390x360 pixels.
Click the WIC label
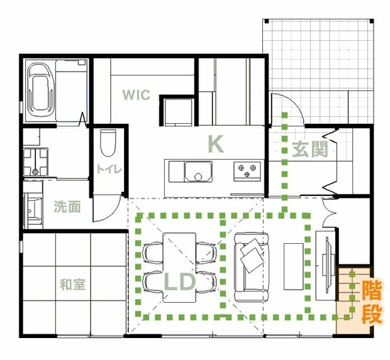(136, 95)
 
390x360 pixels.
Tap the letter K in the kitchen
(216, 144)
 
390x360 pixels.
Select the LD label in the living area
(179, 282)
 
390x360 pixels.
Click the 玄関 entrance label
(310, 150)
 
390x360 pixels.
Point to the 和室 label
(72, 285)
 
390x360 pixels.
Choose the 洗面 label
(67, 207)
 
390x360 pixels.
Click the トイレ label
(109, 169)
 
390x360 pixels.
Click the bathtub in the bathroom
(40, 90)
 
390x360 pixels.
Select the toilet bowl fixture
(108, 143)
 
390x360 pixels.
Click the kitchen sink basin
(198, 172)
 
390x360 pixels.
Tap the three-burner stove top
(247, 172)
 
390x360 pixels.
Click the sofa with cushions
(252, 267)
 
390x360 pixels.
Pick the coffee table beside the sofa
(294, 266)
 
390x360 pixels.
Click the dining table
(179, 267)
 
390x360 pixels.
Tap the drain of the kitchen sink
(198, 177)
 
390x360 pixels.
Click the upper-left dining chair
(153, 253)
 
